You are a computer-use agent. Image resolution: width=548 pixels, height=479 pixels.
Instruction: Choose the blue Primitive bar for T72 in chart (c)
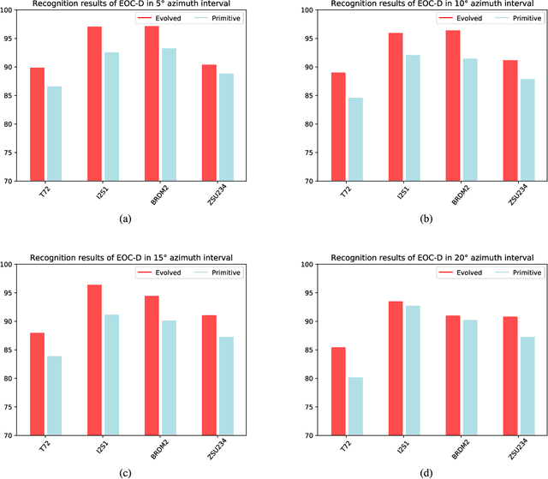click(x=55, y=383)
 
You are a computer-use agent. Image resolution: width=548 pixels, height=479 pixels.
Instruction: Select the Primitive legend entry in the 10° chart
click(x=503, y=17)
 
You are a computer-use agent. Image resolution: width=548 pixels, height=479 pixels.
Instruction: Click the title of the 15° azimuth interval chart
click(x=137, y=257)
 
